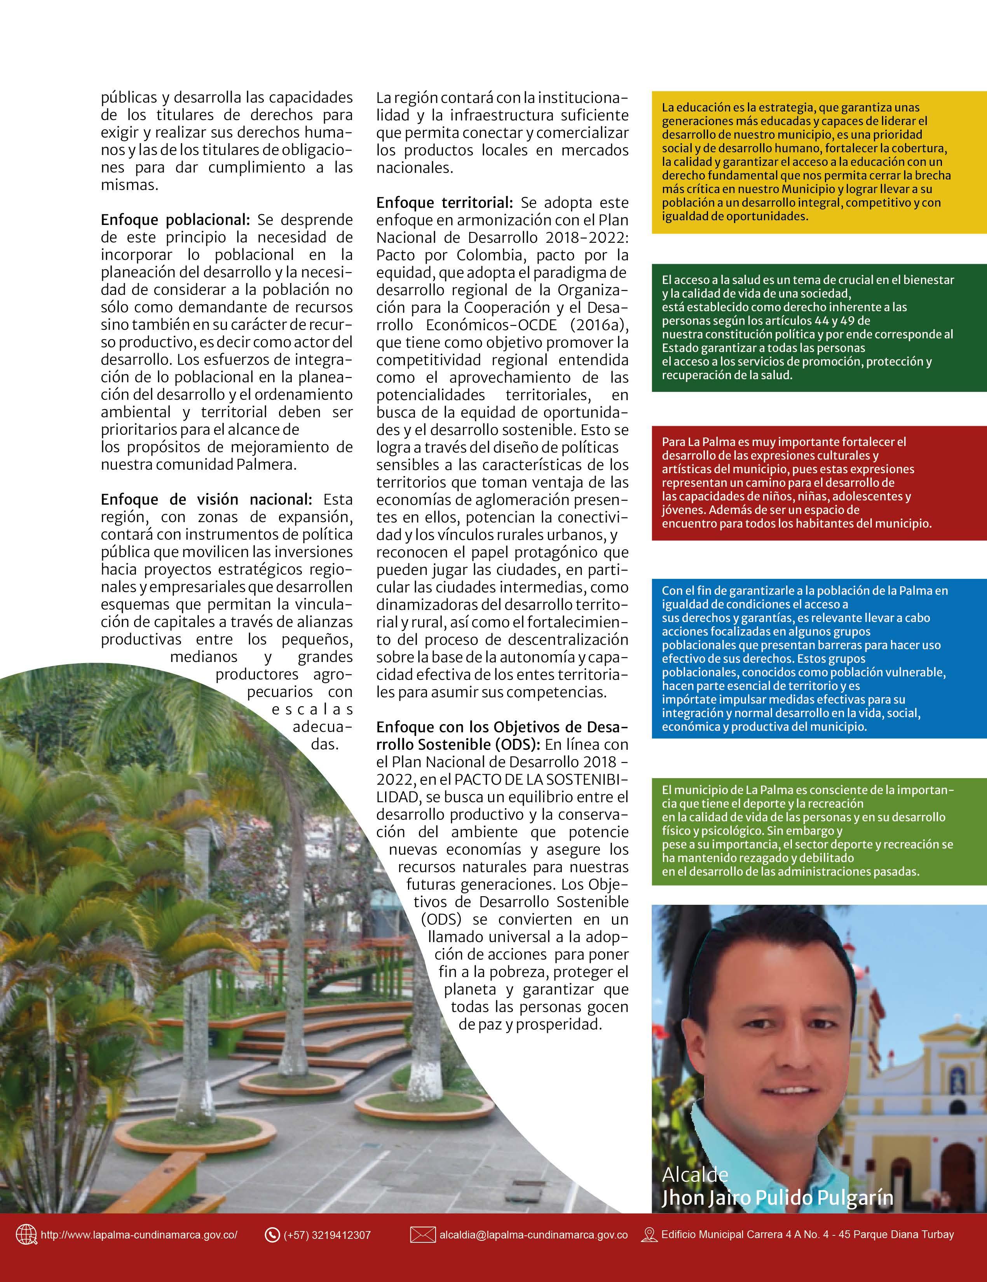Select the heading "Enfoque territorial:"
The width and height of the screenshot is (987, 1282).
(445, 202)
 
